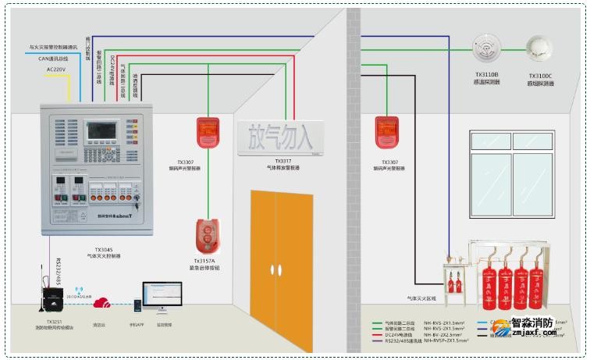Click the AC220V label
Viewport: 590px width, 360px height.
57,70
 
